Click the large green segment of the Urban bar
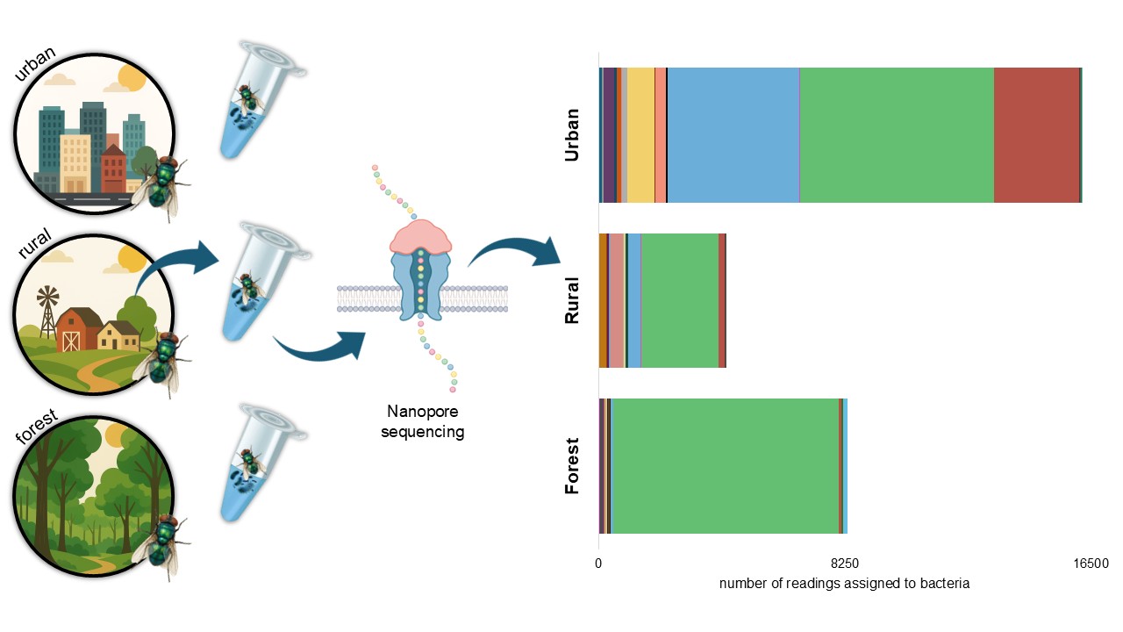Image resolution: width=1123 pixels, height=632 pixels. coord(896,134)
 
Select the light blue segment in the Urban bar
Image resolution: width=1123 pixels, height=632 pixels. coord(733,134)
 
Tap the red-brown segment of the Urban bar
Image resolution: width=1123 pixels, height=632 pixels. coord(1036,134)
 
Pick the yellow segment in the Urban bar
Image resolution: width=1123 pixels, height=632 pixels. coord(640,134)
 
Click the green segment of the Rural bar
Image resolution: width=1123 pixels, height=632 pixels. coord(679,300)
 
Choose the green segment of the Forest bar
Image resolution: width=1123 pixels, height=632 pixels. coord(725,466)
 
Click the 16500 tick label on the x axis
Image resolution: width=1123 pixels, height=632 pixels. coord(1091,564)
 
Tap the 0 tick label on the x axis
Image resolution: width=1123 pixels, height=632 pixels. coord(598,564)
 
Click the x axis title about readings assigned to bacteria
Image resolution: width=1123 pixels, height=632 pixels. coord(844,584)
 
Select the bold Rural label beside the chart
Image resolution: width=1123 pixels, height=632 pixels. coord(572,300)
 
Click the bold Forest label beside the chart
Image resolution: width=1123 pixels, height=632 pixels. coord(572,466)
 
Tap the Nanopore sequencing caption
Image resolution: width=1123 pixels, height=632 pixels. coord(422,421)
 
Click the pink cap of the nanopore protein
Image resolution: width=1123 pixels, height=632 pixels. coord(420,234)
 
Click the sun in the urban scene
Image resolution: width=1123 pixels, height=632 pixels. coord(131,78)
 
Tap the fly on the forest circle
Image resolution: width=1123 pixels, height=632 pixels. coord(159,545)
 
